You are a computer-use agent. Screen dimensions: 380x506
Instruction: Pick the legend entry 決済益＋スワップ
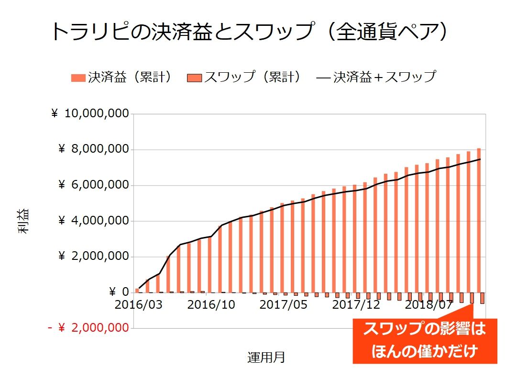click(x=377, y=77)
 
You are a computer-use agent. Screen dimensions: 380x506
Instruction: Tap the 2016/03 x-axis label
click(x=139, y=305)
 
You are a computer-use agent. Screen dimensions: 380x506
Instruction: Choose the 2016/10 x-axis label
click(x=211, y=305)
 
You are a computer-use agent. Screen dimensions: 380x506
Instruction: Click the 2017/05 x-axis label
click(x=283, y=305)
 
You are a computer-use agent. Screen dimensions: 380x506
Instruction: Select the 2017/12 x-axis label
click(x=356, y=305)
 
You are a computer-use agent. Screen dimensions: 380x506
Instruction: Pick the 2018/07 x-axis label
click(x=428, y=305)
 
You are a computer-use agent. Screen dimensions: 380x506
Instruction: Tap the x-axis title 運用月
click(x=266, y=358)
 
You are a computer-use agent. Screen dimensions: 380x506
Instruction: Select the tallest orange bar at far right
click(x=479, y=220)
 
